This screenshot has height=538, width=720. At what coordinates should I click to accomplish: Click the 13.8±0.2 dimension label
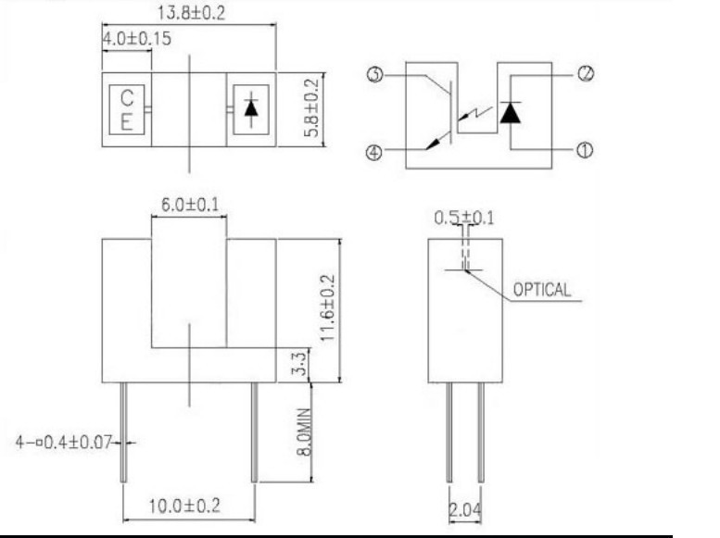coord(192,13)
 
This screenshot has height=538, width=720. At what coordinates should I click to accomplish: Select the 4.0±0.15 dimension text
coord(136,39)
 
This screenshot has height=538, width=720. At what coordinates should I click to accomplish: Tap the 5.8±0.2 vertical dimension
coord(311,107)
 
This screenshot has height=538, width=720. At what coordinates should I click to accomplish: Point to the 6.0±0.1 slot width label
coord(190,205)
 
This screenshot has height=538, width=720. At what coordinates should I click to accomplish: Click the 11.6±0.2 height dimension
coord(328,307)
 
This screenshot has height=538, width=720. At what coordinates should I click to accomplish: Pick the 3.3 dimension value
coord(299,364)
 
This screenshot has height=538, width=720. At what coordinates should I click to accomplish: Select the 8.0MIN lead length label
coord(304,432)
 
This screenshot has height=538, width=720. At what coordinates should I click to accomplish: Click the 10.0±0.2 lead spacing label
coord(184,506)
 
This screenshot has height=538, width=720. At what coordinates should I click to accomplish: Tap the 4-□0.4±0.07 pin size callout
coord(64,443)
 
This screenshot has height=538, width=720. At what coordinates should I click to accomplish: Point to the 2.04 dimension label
coord(465,509)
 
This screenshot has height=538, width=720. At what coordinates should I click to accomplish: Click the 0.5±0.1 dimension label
coord(464,218)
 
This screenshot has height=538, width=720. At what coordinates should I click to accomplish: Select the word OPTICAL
coord(542,290)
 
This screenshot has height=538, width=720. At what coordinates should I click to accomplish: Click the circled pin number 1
coord(584,150)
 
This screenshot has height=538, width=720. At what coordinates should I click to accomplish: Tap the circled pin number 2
coord(586,73)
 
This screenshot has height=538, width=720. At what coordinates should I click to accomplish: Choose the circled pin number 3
coord(375,74)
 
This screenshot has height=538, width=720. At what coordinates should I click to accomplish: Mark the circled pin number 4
coord(374,152)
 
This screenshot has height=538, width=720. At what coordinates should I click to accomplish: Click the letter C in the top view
coord(127,98)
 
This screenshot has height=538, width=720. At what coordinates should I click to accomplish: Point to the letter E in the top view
coord(126,122)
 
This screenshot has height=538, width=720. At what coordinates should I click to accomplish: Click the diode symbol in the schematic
coord(511,112)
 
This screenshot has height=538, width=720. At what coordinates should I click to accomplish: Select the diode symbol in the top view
coord(251,109)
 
